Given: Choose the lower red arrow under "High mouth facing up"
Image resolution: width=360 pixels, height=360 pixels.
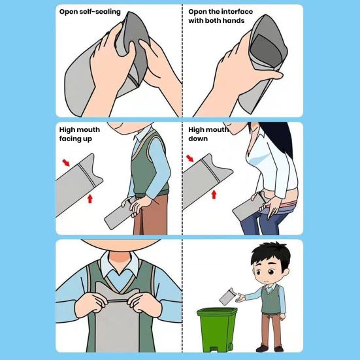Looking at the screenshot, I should click(90, 197).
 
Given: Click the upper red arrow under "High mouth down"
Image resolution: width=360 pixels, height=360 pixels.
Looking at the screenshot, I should click(190, 157).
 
